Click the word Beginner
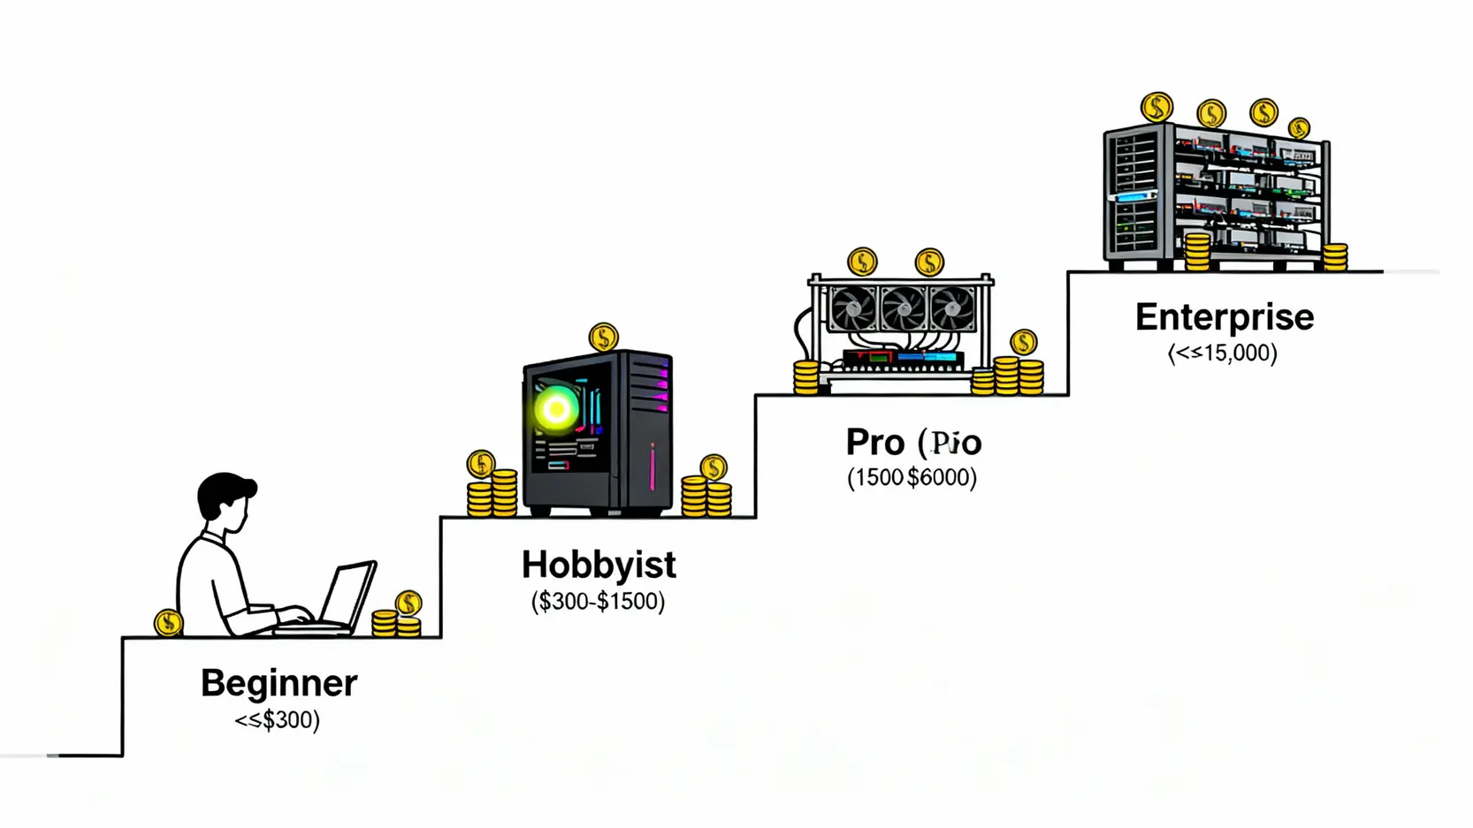click(x=279, y=683)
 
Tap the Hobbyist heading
click(x=599, y=565)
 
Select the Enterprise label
click(x=1225, y=317)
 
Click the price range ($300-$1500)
click(x=598, y=602)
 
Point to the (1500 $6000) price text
click(x=912, y=478)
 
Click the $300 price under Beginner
click(x=277, y=719)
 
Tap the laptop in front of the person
click(x=349, y=596)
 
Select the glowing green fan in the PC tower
click(x=557, y=408)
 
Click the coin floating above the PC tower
click(x=604, y=337)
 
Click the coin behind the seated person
click(x=168, y=623)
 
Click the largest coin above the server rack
click(x=1156, y=108)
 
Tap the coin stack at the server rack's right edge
click(x=1335, y=256)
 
